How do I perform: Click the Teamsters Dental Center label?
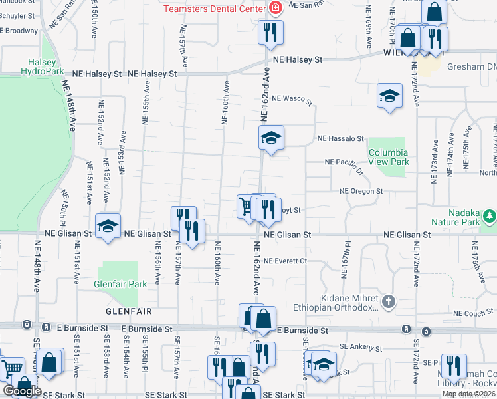215,9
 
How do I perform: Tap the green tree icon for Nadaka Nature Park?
490,215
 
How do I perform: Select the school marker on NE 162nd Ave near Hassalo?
271,138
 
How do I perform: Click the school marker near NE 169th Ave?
389,96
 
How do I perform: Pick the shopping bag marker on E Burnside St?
263,319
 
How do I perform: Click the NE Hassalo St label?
341,139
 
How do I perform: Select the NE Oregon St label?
361,191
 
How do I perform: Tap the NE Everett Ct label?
285,261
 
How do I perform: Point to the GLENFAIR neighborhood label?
128,311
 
